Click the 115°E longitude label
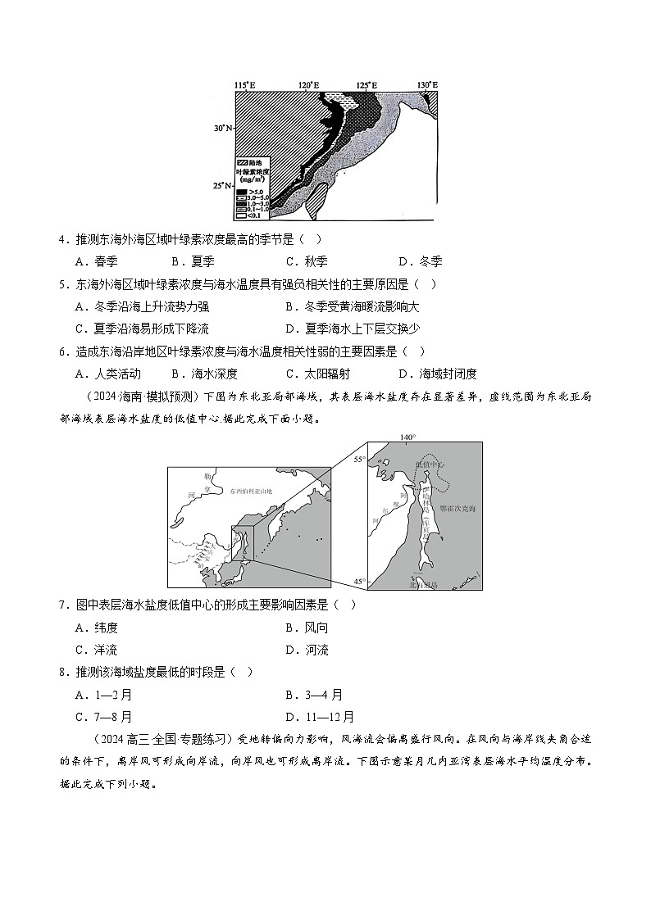tap(244, 85)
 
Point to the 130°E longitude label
tap(427, 85)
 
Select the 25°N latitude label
tap(223, 186)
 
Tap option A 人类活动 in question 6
tap(107, 374)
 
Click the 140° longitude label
tap(407, 437)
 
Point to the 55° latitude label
tap(359, 460)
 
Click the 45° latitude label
tap(359, 582)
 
